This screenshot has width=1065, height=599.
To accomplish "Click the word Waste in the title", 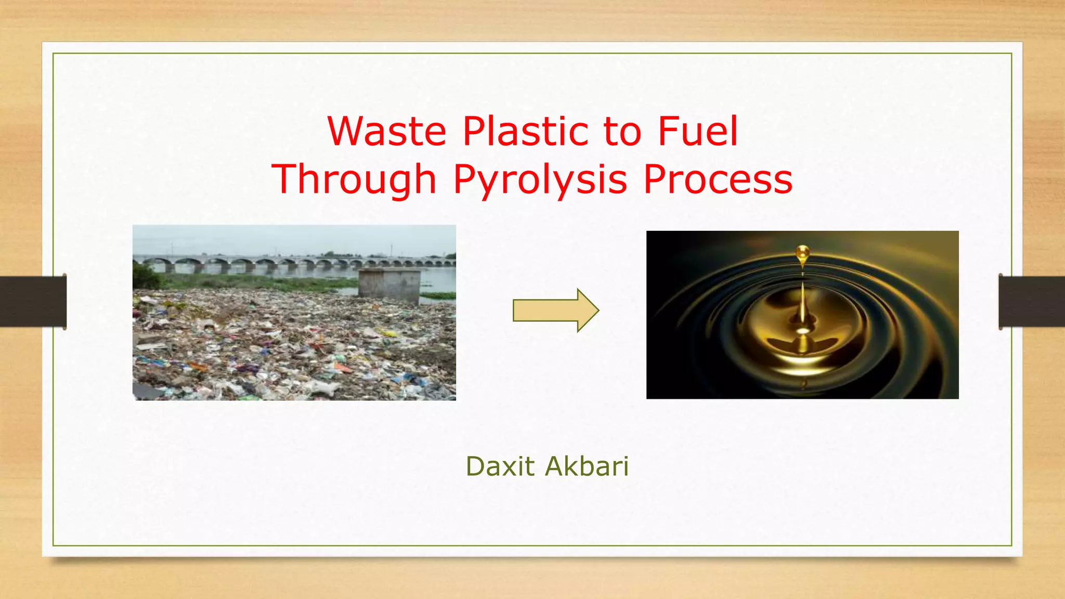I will pyautogui.click(x=386, y=132).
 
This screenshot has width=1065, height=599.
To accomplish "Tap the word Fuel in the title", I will pyautogui.click(x=697, y=132).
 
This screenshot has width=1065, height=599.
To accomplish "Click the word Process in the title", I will pyautogui.click(x=718, y=179).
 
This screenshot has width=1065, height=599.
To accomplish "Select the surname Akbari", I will pyautogui.click(x=587, y=466).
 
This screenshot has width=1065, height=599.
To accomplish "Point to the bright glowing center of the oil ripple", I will pyautogui.click(x=803, y=331).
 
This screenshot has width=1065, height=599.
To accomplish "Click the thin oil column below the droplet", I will pyautogui.click(x=803, y=302).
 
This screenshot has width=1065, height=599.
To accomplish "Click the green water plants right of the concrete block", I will pyautogui.click(x=438, y=296).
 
